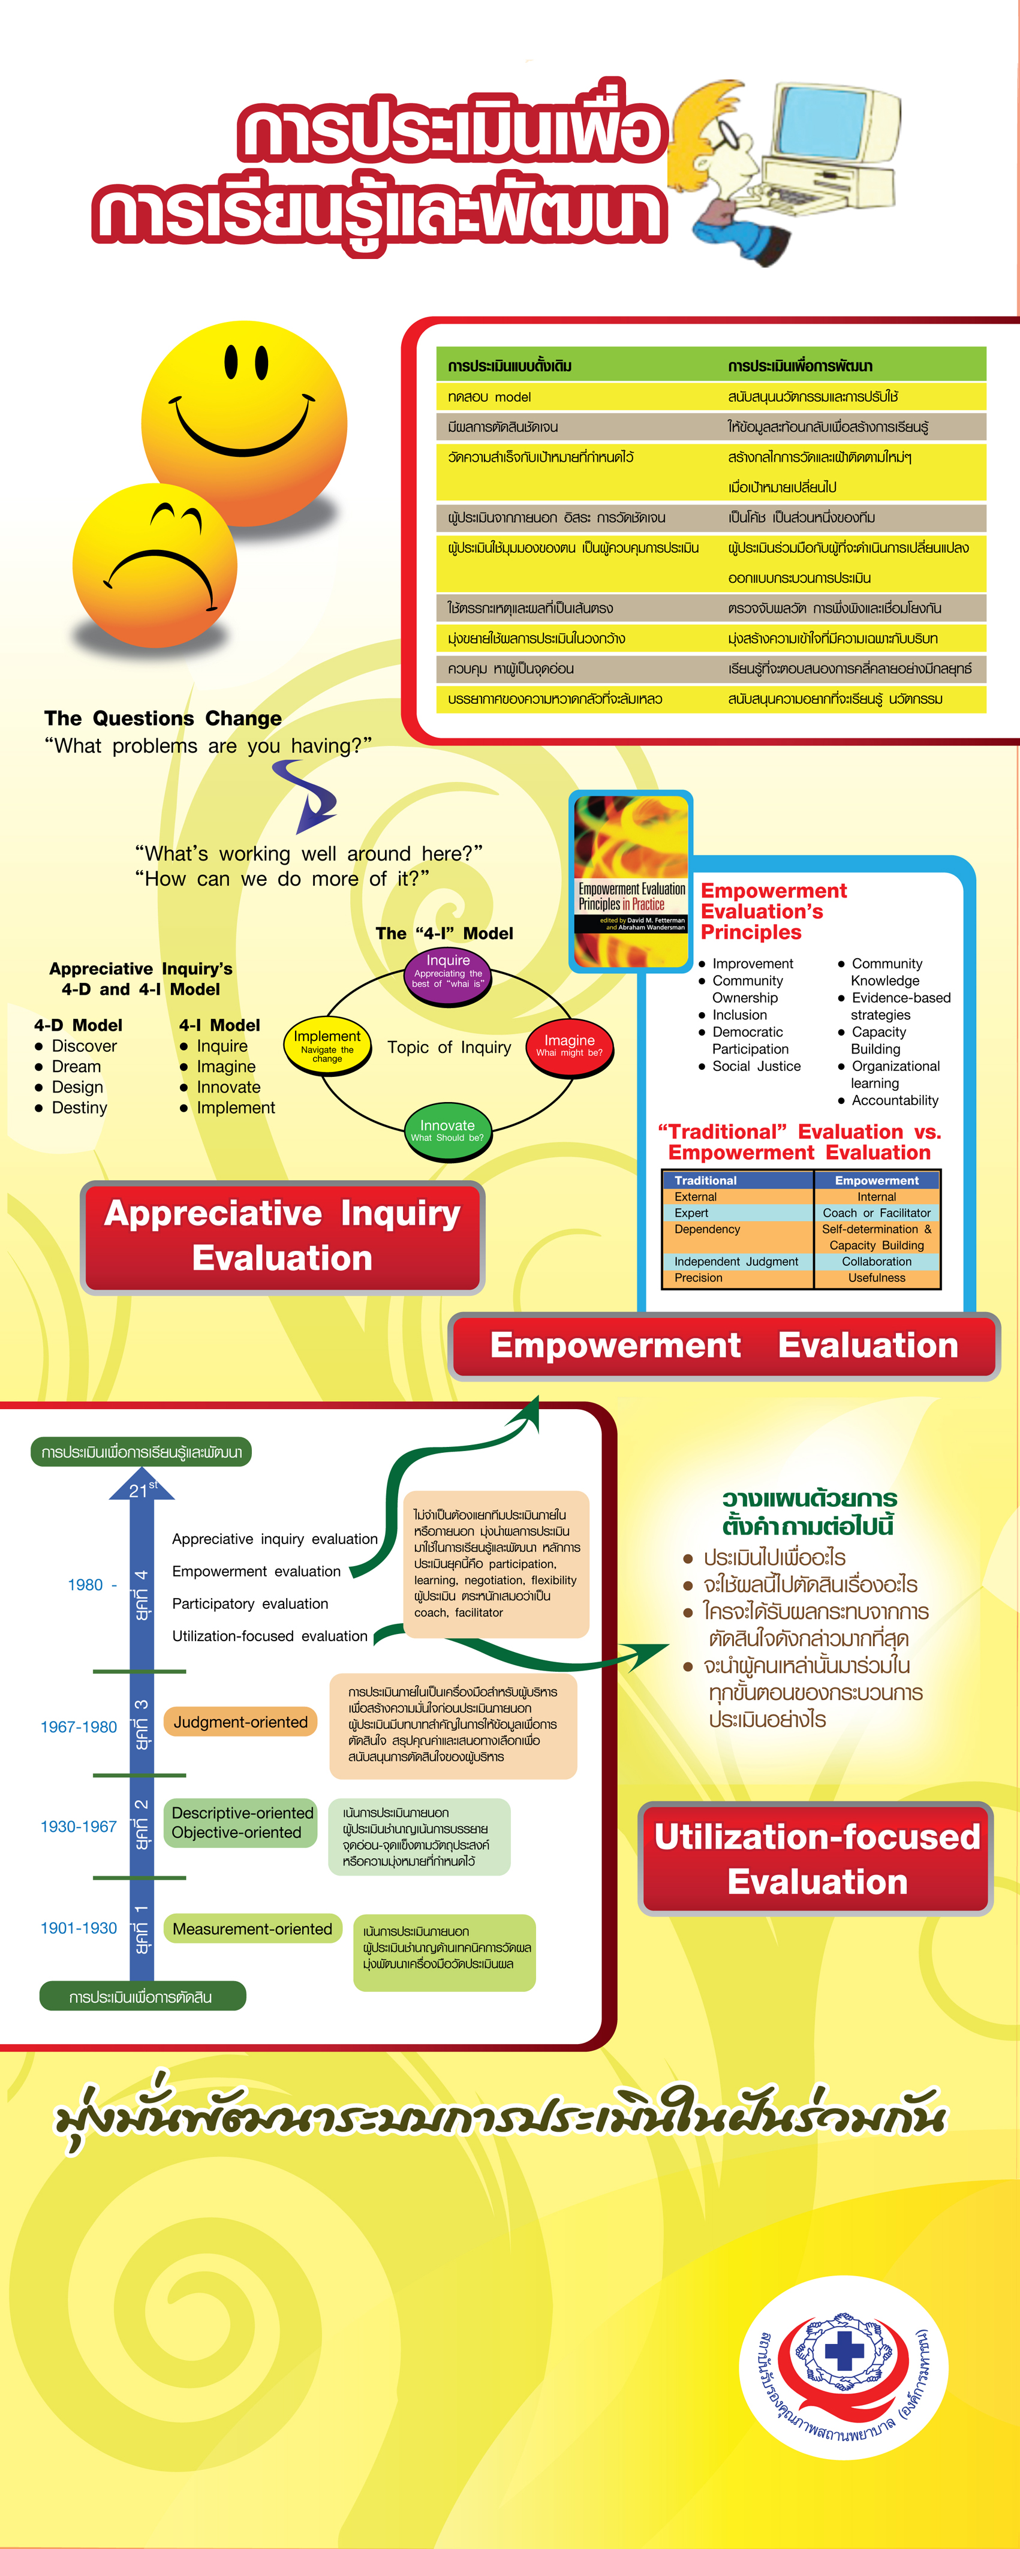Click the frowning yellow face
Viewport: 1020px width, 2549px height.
[x=155, y=565]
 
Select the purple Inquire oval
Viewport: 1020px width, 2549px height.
[x=448, y=974]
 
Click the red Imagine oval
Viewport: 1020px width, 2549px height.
[x=570, y=1045]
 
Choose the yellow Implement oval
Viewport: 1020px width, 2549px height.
[x=326, y=1046]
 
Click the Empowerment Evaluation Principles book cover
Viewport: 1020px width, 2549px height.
[x=631, y=881]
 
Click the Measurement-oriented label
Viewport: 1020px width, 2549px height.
[x=252, y=1928]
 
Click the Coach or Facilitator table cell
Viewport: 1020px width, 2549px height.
[x=877, y=1213]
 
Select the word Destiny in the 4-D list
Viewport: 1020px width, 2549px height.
[x=79, y=1108]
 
